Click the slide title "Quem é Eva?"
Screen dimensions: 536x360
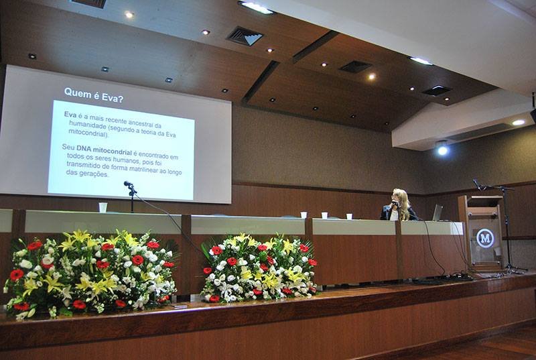pos(94,95)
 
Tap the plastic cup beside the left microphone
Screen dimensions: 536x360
pos(103,207)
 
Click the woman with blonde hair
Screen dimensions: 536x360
pos(399,205)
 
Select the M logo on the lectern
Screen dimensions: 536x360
pos(485,238)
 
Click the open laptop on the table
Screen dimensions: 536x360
pos(438,213)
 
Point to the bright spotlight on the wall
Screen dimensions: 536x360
pos(442,150)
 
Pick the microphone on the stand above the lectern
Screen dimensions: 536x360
pos(478,184)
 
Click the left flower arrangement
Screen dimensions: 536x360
pos(90,274)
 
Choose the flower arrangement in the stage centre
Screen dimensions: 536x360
pos(259,267)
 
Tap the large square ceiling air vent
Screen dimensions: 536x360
pos(245,36)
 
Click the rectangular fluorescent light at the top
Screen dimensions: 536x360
pos(257,7)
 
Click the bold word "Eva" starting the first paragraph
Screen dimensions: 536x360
pos(70,115)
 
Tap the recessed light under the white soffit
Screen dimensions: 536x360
pos(518,123)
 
